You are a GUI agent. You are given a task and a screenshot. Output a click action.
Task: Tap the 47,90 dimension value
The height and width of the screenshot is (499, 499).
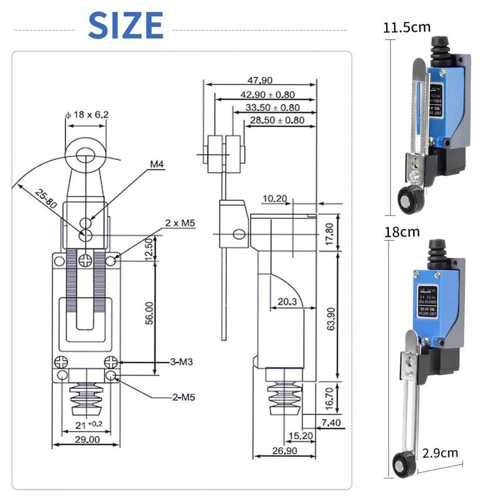click(x=260, y=80)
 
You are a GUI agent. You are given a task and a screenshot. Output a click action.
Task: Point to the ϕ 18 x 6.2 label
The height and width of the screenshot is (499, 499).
click(x=87, y=114)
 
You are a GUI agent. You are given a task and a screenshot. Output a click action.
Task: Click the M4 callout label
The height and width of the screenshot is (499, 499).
click(x=157, y=164)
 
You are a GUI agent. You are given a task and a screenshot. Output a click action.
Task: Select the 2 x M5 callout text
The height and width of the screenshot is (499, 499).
click(x=179, y=222)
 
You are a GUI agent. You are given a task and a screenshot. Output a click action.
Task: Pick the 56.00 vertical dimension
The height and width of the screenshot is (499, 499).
click(x=149, y=314)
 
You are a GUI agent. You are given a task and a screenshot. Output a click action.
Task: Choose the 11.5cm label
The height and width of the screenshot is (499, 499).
click(x=407, y=27)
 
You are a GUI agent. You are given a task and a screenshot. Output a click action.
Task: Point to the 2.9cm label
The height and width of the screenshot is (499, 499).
click(x=440, y=452)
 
